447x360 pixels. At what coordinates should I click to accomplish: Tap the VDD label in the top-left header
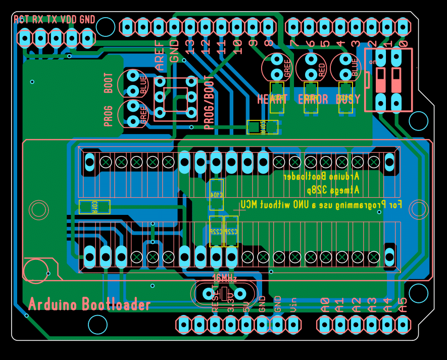69,20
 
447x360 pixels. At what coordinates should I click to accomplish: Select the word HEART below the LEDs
272,99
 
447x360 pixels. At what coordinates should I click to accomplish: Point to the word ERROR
313,99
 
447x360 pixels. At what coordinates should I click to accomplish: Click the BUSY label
348,99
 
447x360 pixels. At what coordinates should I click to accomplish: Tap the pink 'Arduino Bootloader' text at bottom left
89,304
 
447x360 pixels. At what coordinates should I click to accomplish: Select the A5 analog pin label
403,304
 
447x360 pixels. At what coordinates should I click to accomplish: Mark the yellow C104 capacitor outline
216,194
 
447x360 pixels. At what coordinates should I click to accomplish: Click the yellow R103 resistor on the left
94,206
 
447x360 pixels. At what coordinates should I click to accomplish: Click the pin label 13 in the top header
190,47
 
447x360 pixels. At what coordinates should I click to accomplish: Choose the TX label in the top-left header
52,20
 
